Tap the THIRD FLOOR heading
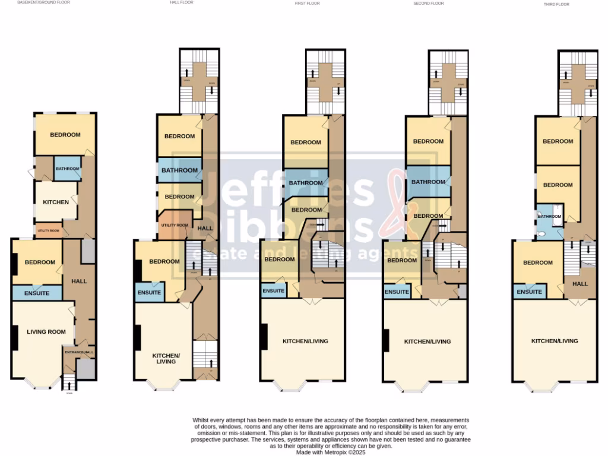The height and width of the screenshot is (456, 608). point(556,4)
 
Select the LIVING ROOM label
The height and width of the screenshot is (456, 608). point(46,332)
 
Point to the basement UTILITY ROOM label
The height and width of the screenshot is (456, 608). point(49,230)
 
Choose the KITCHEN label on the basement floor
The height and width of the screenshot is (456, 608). point(56,202)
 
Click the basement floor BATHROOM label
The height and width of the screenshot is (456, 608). point(68,169)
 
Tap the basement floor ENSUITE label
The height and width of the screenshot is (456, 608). point(37,293)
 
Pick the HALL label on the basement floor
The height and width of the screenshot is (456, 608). point(79,281)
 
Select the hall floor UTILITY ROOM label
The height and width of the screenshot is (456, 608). point(175,226)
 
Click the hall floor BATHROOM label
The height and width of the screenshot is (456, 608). point(180,171)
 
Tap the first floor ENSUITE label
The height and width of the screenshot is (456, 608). point(274,291)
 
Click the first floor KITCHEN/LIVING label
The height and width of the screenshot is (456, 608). point(305,341)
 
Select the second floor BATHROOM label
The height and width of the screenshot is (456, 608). point(428,182)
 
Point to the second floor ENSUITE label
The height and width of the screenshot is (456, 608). point(397,292)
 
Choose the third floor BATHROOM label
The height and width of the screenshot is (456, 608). point(549,217)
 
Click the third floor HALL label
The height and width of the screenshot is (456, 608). point(579,284)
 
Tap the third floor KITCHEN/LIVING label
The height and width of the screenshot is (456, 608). point(555,341)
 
